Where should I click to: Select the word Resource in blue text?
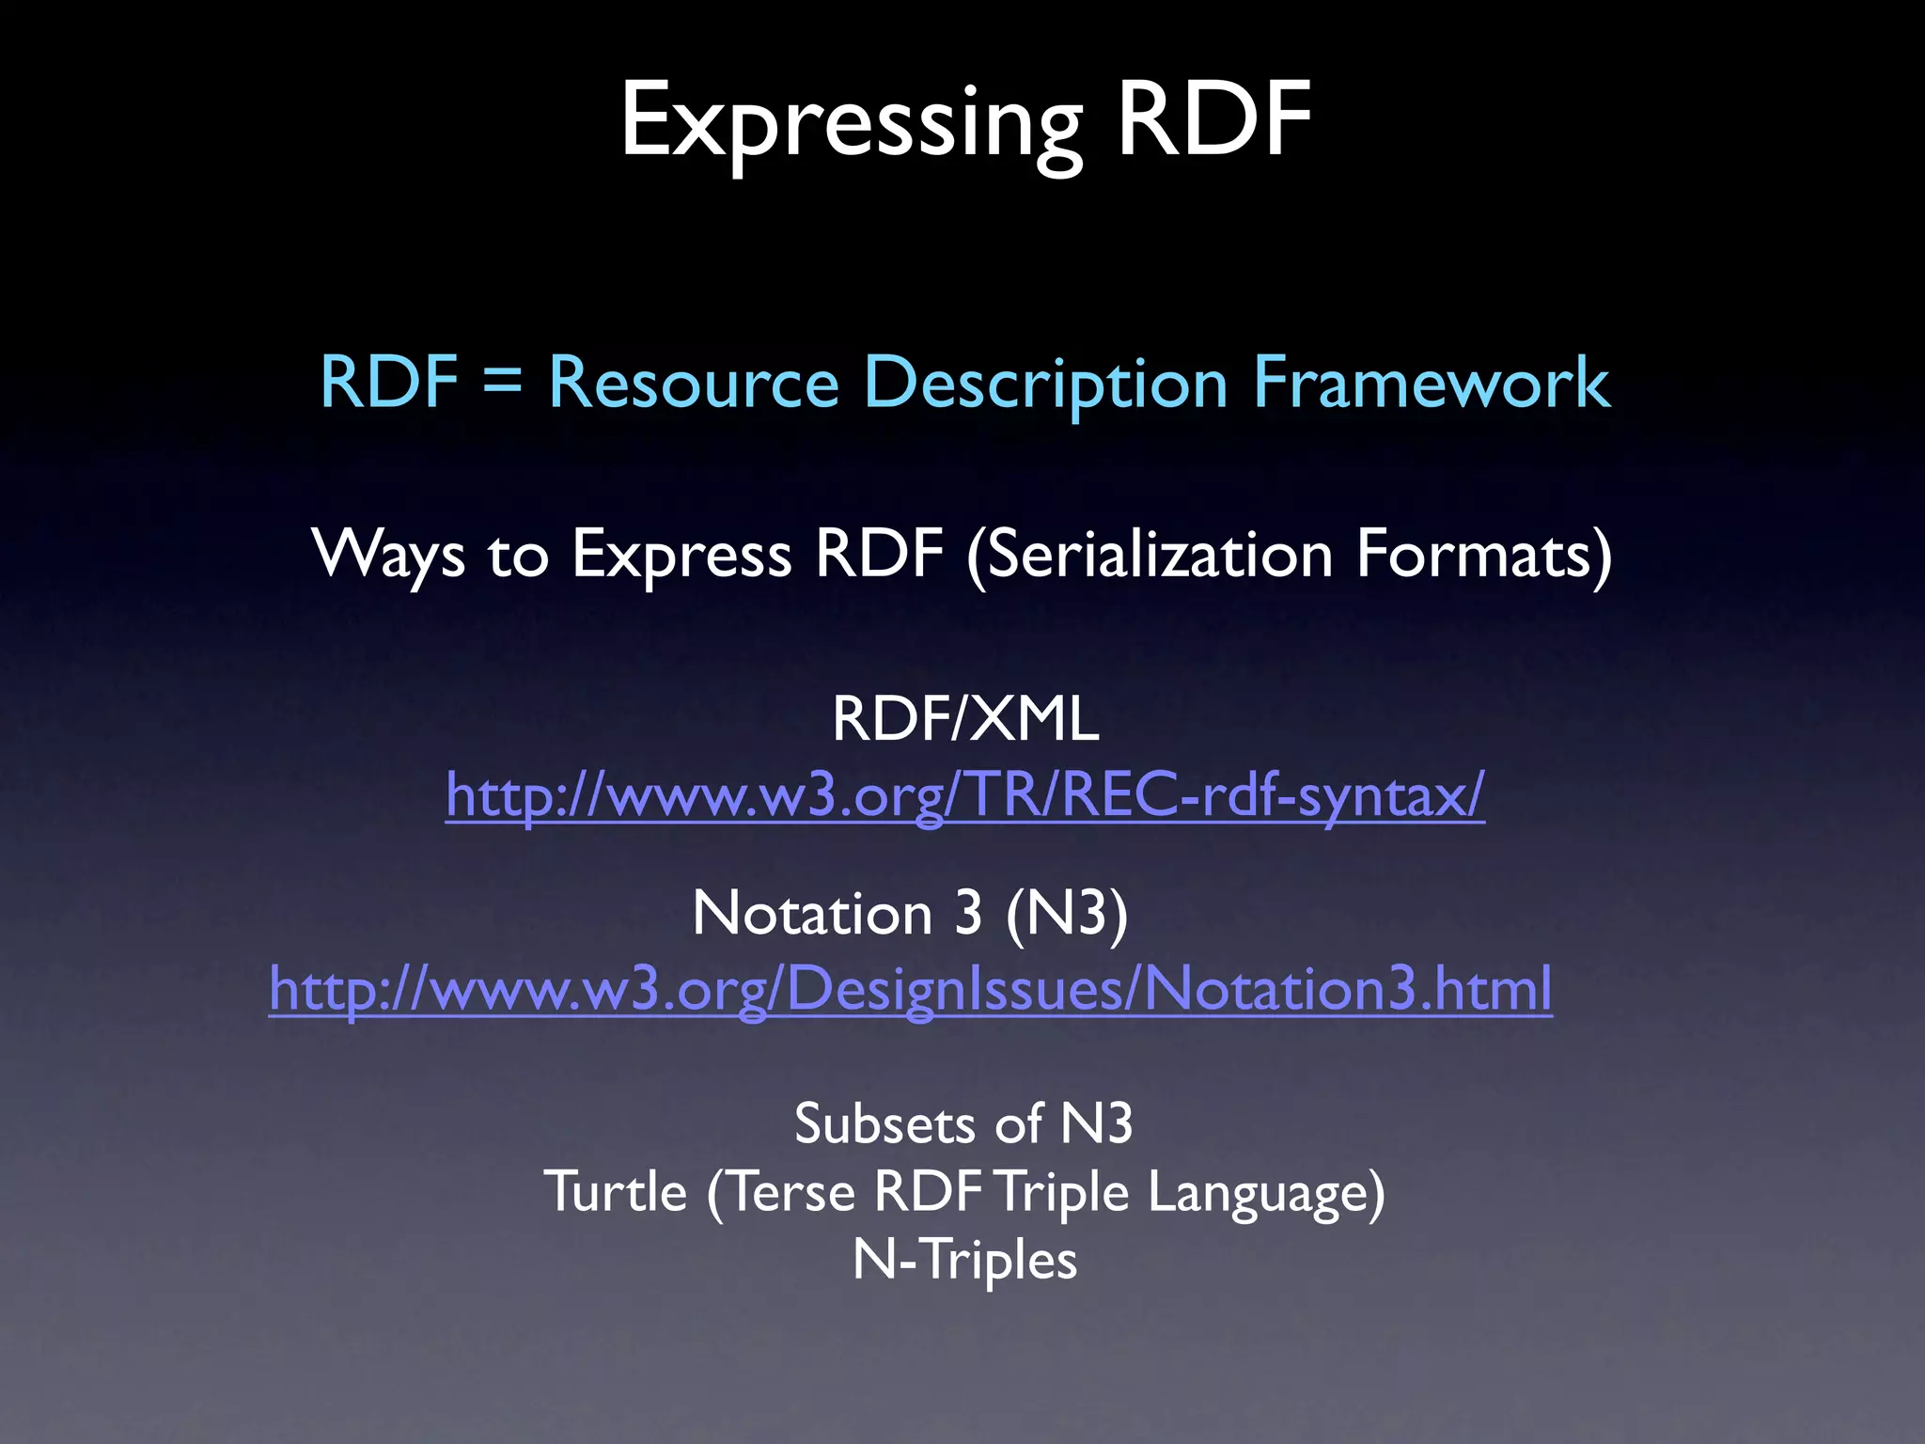(693, 384)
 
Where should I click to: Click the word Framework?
(1431, 384)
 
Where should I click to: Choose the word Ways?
(388, 555)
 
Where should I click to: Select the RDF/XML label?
(965, 720)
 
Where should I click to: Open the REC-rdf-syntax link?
(965, 795)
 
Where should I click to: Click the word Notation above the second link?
(812, 913)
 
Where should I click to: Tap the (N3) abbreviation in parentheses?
(1066, 913)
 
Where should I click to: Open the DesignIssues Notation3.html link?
(910, 989)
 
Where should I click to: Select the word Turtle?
(616, 1192)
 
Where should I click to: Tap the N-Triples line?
(964, 1260)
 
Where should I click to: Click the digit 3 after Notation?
(968, 913)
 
